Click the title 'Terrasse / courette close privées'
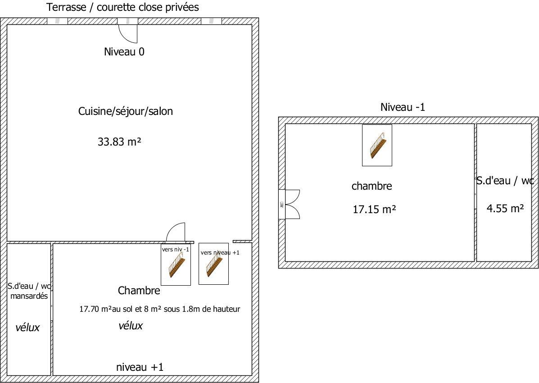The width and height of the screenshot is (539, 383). coord(122,8)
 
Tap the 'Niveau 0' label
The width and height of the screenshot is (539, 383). coord(124,52)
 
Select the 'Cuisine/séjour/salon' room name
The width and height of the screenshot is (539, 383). coord(126,111)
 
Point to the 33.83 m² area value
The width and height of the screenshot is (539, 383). coord(119,142)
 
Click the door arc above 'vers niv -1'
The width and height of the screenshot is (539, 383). coord(176,233)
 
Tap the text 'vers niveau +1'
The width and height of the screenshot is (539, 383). coord(220,253)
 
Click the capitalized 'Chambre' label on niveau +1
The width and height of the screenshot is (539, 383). coord(139,291)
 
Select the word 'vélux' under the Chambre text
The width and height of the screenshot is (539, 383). coord(131,326)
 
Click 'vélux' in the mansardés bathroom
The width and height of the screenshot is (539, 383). coord(27,328)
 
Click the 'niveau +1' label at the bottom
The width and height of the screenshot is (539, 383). coord(140,367)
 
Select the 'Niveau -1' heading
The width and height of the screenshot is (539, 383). coord(403,107)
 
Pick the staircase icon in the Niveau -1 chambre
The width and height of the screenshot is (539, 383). coord(377,145)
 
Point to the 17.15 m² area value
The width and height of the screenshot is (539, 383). coord(374,209)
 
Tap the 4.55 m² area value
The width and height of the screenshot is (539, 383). coord(505,209)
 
